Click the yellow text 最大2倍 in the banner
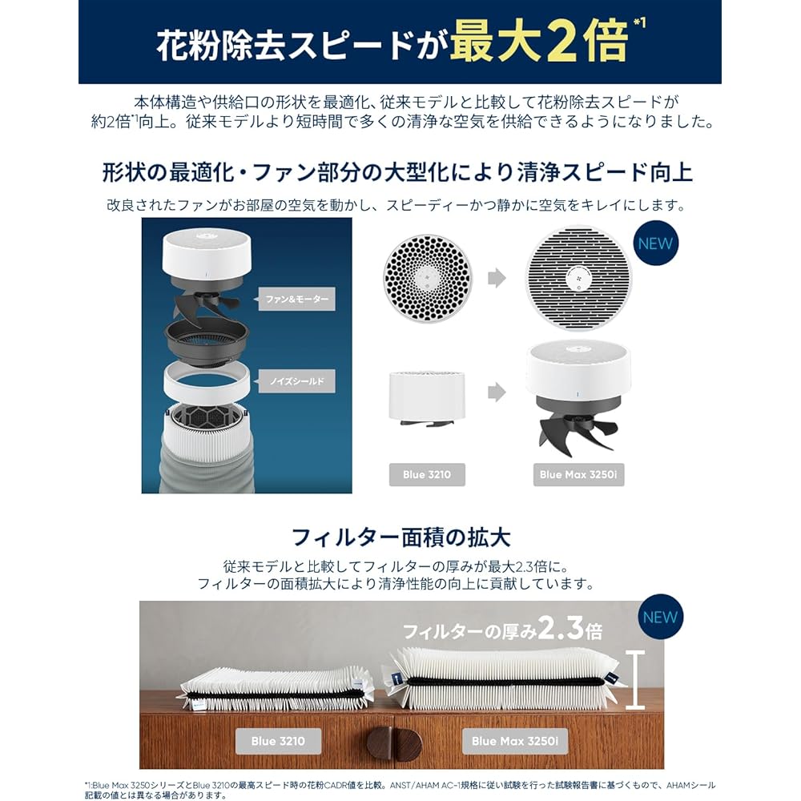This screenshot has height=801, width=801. pyautogui.click(x=537, y=43)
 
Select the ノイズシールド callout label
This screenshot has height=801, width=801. pyautogui.click(x=296, y=382)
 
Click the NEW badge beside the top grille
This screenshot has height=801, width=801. pyautogui.click(x=655, y=244)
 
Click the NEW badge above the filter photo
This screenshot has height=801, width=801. pyautogui.click(x=659, y=617)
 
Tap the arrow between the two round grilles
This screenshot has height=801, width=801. pyautogui.click(x=497, y=278)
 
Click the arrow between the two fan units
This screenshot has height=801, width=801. pyautogui.click(x=497, y=392)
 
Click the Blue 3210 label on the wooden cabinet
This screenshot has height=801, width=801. pyautogui.click(x=278, y=741)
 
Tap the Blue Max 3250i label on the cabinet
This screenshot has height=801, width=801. pyautogui.click(x=520, y=741)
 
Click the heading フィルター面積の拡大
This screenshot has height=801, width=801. pyautogui.click(x=400, y=535)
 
